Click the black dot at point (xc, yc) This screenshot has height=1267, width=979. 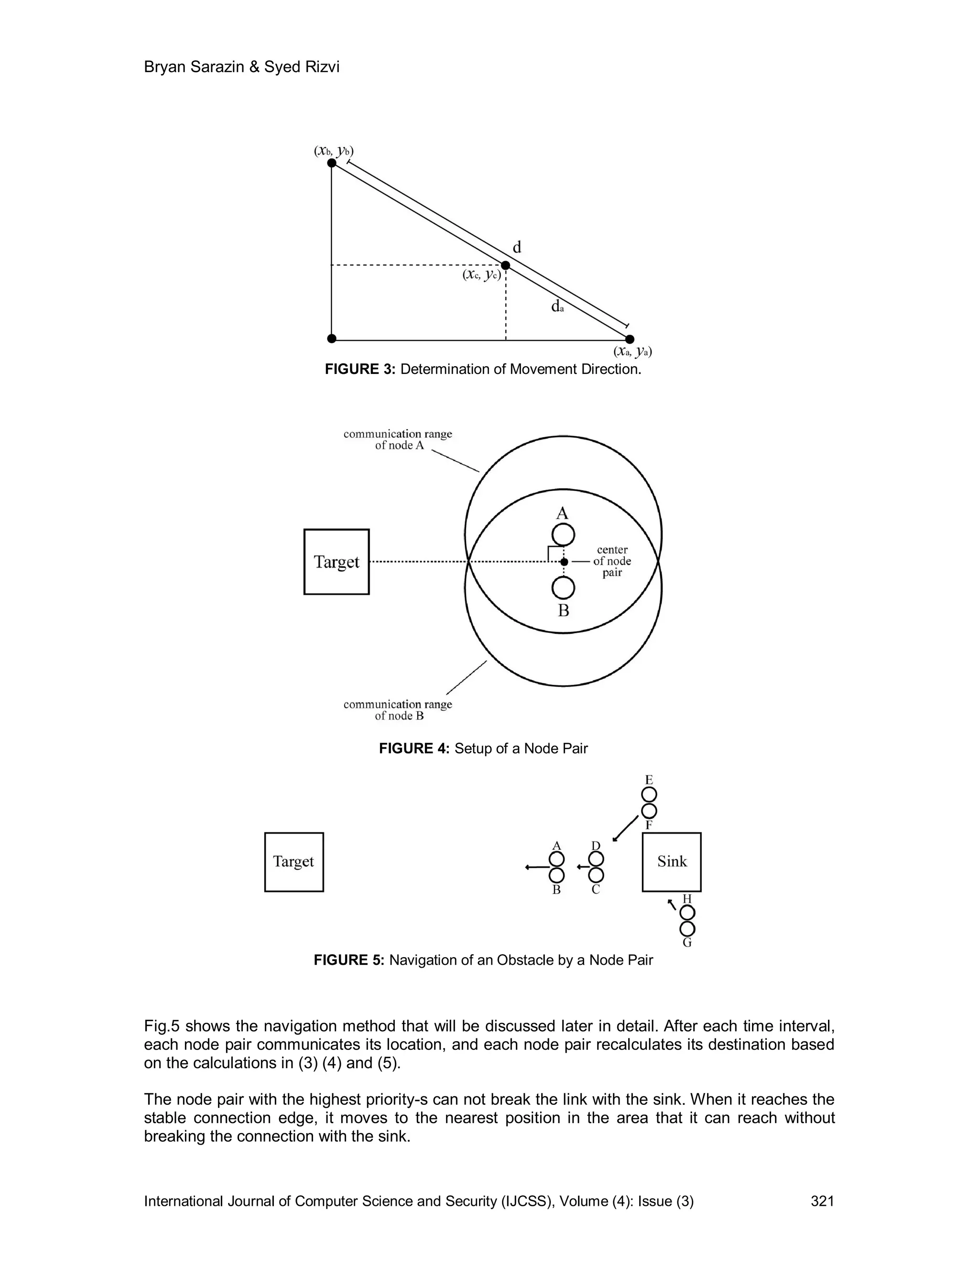click(x=505, y=265)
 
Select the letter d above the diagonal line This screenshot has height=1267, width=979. click(x=517, y=248)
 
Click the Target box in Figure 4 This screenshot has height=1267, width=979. click(x=337, y=562)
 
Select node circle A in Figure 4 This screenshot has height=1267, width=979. click(x=563, y=535)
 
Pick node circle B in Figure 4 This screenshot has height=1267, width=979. click(x=563, y=588)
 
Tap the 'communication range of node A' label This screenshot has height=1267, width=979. click(x=398, y=439)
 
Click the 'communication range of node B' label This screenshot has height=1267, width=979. click(x=398, y=710)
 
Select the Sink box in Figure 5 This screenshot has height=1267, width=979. click(x=672, y=862)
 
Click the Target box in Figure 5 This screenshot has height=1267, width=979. click(x=294, y=862)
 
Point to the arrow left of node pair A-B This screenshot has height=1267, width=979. click(x=536, y=867)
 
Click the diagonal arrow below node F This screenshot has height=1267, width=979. click(x=625, y=829)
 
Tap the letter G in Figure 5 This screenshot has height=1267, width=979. click(x=687, y=943)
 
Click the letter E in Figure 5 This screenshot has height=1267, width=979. click(x=649, y=780)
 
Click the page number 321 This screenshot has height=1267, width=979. click(x=822, y=1201)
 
